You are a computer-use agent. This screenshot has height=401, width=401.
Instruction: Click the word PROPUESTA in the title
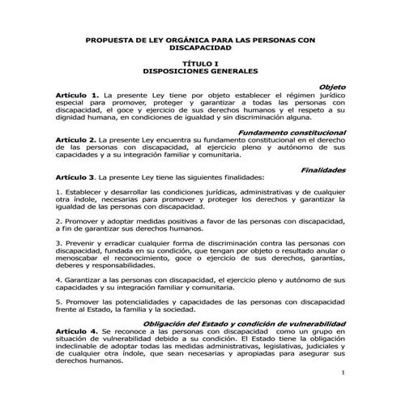[x=110, y=39]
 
